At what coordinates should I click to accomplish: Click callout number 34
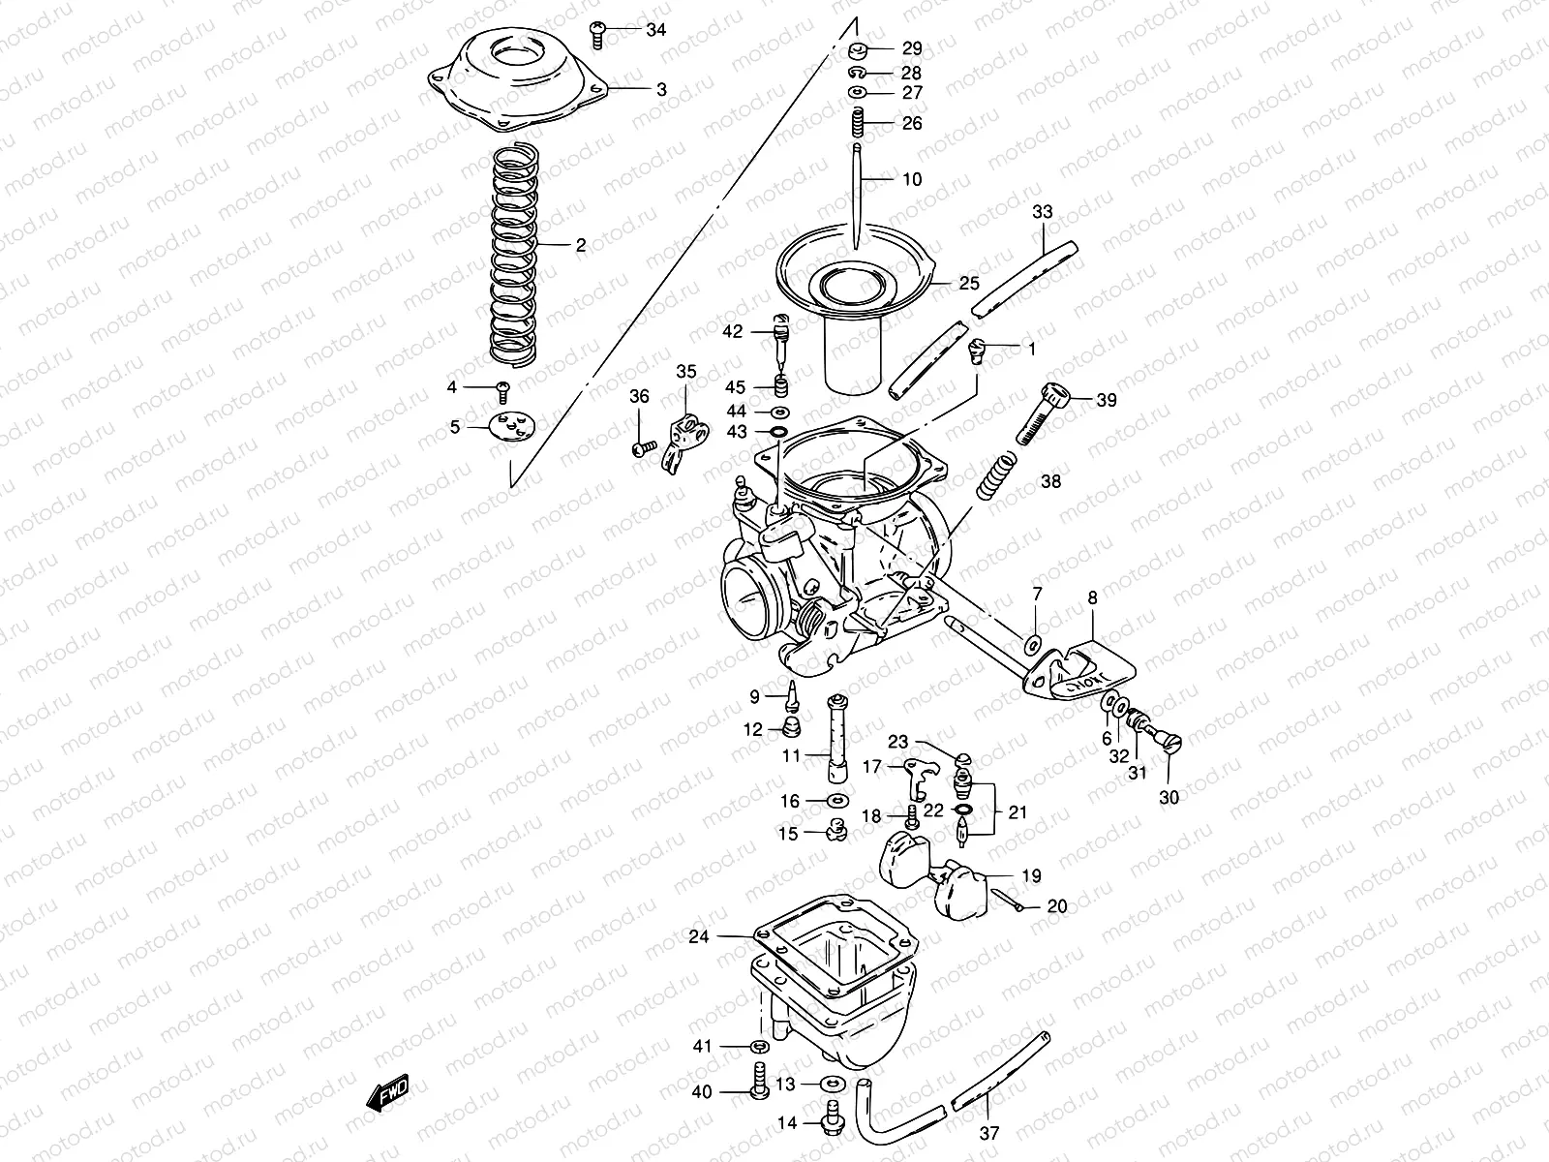(x=656, y=30)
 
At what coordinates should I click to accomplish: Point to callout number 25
(x=969, y=284)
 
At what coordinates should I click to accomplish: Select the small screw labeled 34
(x=597, y=35)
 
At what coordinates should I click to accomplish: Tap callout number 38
(x=1050, y=480)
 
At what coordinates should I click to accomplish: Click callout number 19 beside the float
(x=1031, y=875)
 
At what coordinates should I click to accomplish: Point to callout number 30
(x=1169, y=798)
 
